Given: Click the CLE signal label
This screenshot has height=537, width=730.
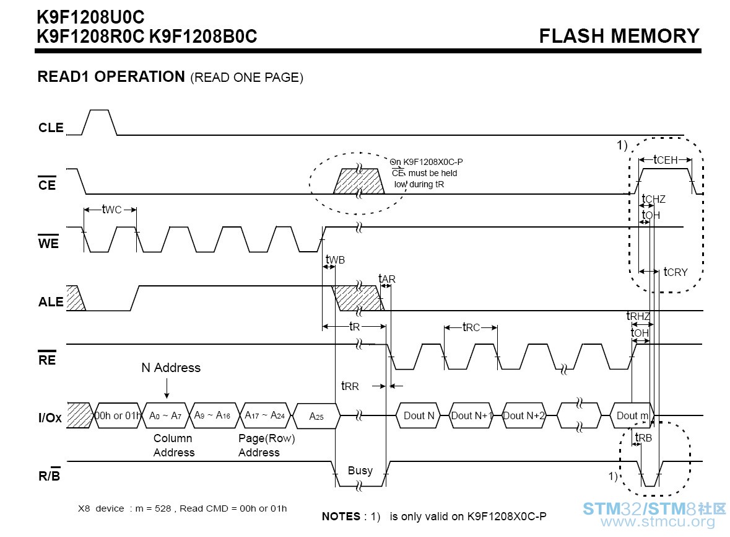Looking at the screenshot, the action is (x=51, y=128).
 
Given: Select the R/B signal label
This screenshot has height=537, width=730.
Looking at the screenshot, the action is (x=50, y=475).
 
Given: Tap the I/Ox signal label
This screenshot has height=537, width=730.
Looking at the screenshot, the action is (x=50, y=418).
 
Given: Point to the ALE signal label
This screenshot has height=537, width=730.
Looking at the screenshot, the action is (x=51, y=302).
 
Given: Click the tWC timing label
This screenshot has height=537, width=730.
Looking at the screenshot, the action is (x=111, y=210).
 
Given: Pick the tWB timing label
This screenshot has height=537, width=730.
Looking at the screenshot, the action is (x=335, y=260).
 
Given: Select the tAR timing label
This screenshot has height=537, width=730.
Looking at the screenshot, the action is (x=387, y=279).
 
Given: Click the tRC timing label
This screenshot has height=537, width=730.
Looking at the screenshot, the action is (x=471, y=327).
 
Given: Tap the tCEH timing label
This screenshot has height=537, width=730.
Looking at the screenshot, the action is (x=665, y=160).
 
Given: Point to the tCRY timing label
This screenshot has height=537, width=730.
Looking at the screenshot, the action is (x=676, y=272).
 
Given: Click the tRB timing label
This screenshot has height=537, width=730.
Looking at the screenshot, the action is (x=643, y=438).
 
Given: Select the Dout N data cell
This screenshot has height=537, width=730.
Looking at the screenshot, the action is (x=419, y=415).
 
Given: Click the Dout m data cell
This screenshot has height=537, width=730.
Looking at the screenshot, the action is (x=632, y=415).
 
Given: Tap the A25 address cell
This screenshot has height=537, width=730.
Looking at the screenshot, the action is (x=316, y=416).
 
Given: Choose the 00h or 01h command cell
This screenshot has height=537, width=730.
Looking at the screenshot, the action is (x=117, y=415).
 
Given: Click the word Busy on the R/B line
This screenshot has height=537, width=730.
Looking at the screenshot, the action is (x=360, y=471).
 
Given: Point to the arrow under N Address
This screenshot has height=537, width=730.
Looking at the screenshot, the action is (x=167, y=388).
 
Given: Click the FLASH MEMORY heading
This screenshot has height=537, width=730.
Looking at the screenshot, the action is (x=619, y=36).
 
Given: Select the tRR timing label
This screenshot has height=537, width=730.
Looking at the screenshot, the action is (x=350, y=386).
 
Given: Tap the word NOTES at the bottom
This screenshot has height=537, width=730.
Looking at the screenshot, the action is (x=341, y=516).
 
